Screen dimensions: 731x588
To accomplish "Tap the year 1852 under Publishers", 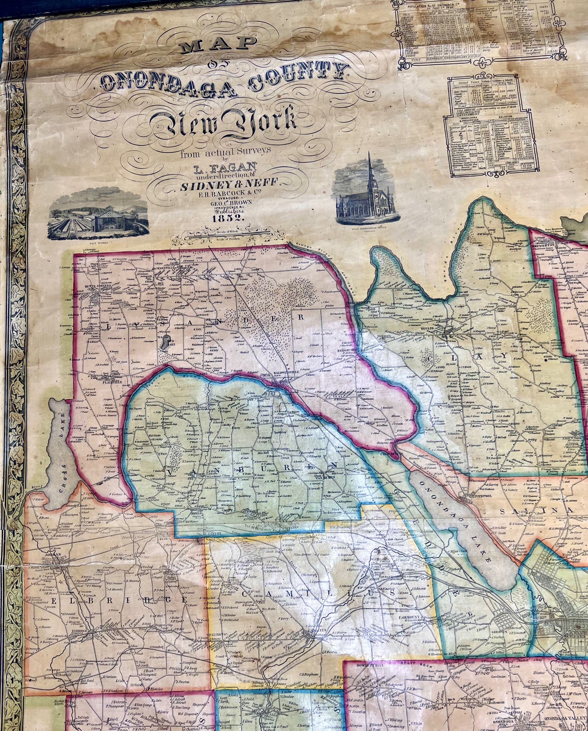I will (227, 219).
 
